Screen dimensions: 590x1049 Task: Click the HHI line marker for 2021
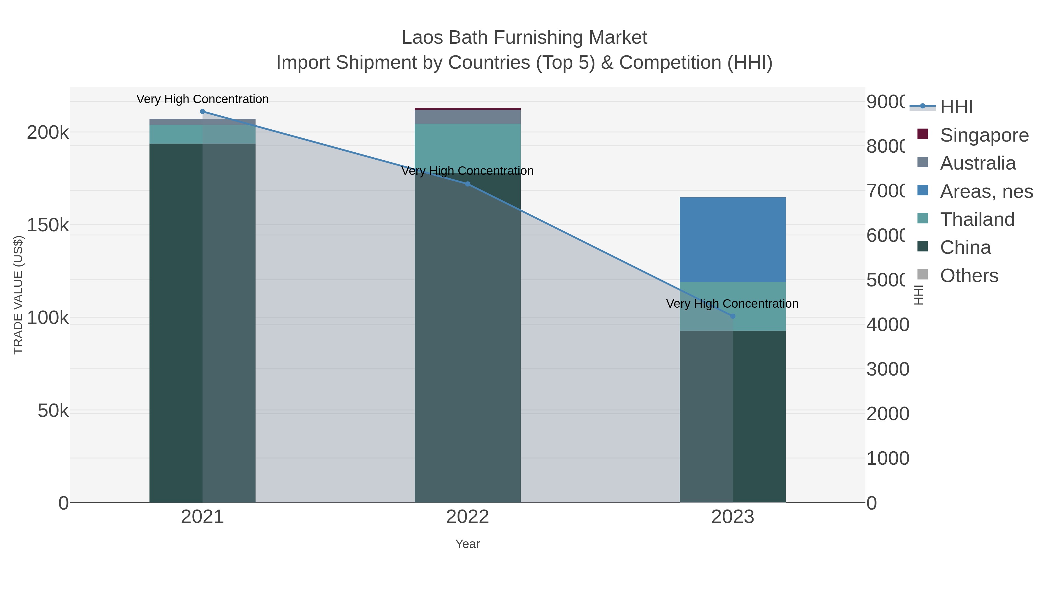coord(203,112)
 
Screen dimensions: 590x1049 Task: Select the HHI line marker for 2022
coord(467,184)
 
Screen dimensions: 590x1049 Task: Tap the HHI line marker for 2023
coord(733,316)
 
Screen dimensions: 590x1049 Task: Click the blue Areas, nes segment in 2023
coord(733,239)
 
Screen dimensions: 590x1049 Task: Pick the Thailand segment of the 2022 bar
coord(467,147)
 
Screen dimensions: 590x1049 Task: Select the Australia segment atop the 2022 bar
coord(467,117)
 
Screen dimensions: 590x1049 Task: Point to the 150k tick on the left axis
coord(48,225)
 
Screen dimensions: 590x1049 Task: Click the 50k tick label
coord(53,411)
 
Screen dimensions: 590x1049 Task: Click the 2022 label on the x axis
coord(467,517)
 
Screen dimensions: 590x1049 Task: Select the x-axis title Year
coord(467,544)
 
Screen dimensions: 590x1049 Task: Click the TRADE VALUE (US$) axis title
coord(18,295)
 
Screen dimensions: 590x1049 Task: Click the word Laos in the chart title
coord(421,38)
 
